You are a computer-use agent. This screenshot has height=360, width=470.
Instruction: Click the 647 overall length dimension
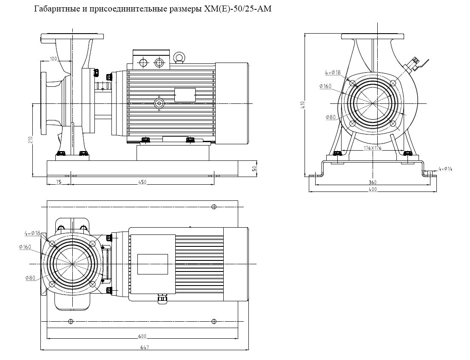click(x=145, y=348)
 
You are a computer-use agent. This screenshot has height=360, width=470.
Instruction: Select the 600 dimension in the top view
click(x=142, y=337)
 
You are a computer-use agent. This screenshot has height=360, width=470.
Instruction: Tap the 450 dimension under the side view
click(x=142, y=182)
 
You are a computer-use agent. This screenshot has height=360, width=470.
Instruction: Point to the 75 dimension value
click(x=59, y=182)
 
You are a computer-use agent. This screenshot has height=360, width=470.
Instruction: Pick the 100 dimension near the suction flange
click(x=53, y=58)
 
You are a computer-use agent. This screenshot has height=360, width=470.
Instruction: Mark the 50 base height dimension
click(x=254, y=169)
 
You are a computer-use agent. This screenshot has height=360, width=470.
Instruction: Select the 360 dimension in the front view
click(x=373, y=182)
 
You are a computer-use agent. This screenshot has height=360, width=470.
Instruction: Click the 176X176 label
click(x=373, y=148)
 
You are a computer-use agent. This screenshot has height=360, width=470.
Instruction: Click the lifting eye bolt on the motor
click(x=179, y=57)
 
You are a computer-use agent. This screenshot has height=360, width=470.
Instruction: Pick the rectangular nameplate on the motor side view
click(x=185, y=95)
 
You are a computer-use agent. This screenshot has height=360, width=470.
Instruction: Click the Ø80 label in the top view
click(x=30, y=277)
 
